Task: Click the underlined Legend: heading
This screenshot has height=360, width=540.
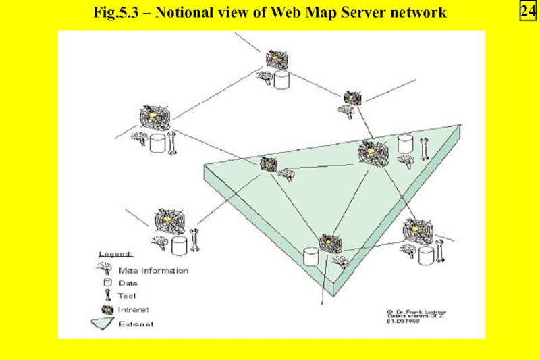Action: pyautogui.click(x=115, y=255)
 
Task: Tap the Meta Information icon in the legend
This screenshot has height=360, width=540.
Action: pyautogui.click(x=105, y=269)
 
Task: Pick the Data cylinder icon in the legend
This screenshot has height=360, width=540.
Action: pyautogui.click(x=107, y=283)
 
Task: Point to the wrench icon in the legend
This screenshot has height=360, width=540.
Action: pyautogui.click(x=106, y=296)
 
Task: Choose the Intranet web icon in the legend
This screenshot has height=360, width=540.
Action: pyautogui.click(x=106, y=309)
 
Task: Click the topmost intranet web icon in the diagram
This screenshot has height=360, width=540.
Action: pyautogui.click(x=275, y=58)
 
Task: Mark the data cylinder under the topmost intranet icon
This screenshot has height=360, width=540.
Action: pyautogui.click(x=281, y=80)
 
